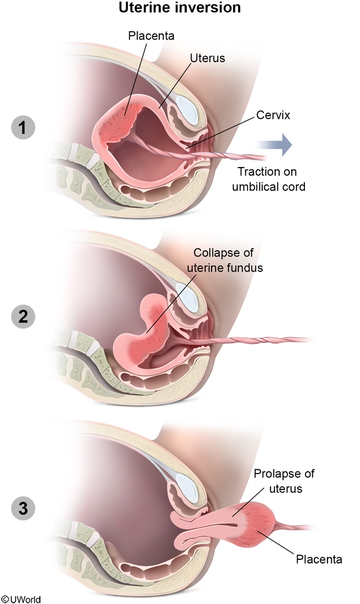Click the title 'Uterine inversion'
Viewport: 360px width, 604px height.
point(180,8)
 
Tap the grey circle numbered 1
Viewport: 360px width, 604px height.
point(23,126)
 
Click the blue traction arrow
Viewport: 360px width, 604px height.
point(279,144)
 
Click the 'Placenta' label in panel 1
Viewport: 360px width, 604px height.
point(151,36)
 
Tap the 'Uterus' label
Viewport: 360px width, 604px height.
point(207,58)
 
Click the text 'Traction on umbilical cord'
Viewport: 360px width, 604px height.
point(268,179)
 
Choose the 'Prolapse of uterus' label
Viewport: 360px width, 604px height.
point(284,480)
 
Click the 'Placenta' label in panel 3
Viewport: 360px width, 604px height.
point(319,559)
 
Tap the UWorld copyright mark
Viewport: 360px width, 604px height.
point(21,599)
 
